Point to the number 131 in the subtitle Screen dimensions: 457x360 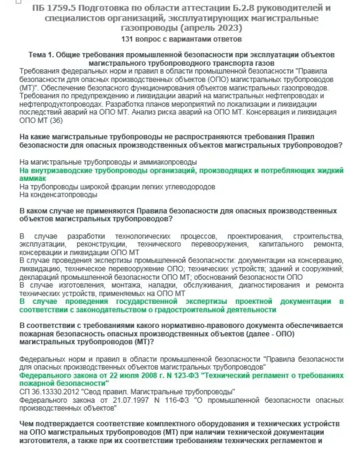click(x=129, y=39)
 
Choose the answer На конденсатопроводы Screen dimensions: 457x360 click(x=58, y=195)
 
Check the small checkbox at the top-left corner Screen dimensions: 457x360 click(x=18, y=2)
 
